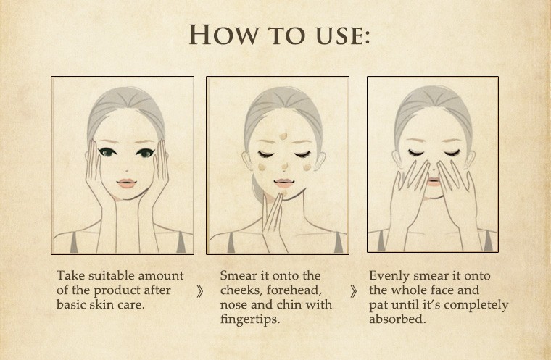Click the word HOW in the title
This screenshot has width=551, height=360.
coord(223,35)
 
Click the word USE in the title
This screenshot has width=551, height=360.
coord(340,35)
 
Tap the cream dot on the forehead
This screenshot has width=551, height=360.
coord(283,135)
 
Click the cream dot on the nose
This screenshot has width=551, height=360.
coord(285,166)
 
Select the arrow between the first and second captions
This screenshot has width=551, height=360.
coord(200,291)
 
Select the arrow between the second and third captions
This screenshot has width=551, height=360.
coord(354,291)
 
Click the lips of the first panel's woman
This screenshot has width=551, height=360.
coord(126,183)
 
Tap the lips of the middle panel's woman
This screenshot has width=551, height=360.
coord(284,183)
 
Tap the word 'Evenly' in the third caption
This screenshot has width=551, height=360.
coord(389,276)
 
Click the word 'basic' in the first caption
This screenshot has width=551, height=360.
coord(71,304)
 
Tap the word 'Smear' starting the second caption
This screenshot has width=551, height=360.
coord(238,275)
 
